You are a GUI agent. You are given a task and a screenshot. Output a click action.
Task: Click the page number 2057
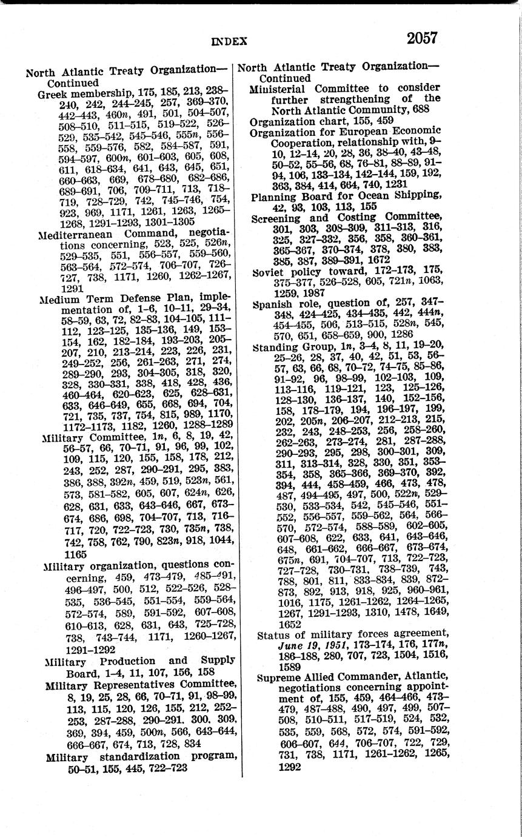(x=421, y=38)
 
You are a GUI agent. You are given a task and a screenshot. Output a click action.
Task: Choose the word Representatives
(x=146, y=685)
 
